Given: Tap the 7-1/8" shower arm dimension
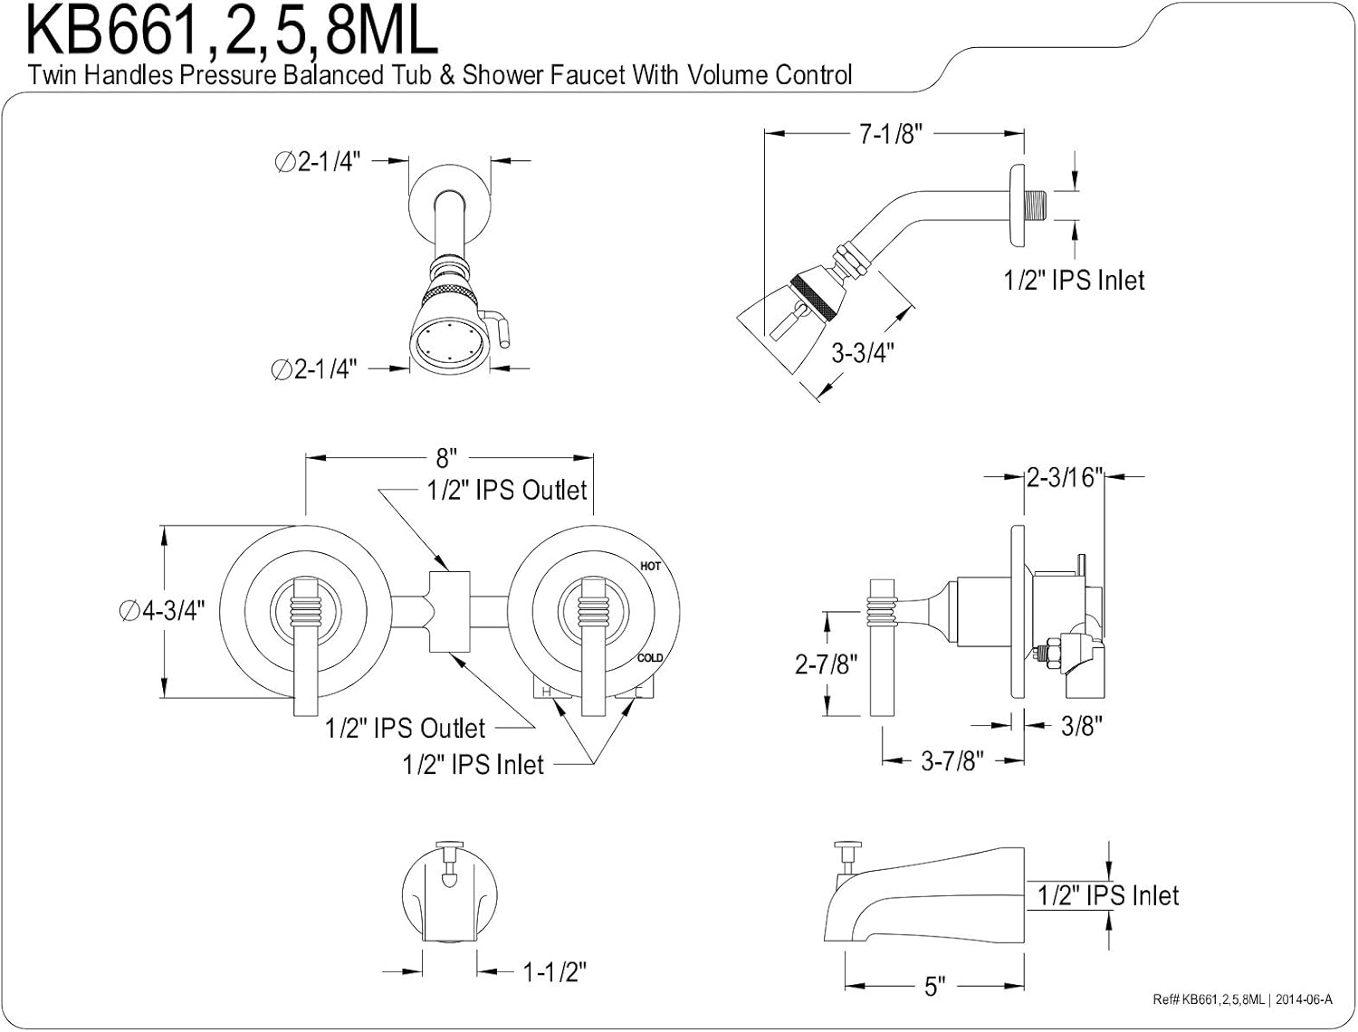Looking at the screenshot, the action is tap(890, 134).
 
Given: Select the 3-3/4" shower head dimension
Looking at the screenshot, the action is tap(863, 353).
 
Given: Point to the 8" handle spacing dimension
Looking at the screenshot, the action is tap(446, 458).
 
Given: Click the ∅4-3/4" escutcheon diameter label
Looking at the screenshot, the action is tap(161, 611).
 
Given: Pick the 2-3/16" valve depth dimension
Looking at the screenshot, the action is tap(1065, 477).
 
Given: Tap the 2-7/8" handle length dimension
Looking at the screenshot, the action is tap(826, 664).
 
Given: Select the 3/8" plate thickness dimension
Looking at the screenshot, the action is tap(1082, 726).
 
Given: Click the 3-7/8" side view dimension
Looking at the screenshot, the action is tap(952, 761).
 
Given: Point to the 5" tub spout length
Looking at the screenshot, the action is tap(934, 986).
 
